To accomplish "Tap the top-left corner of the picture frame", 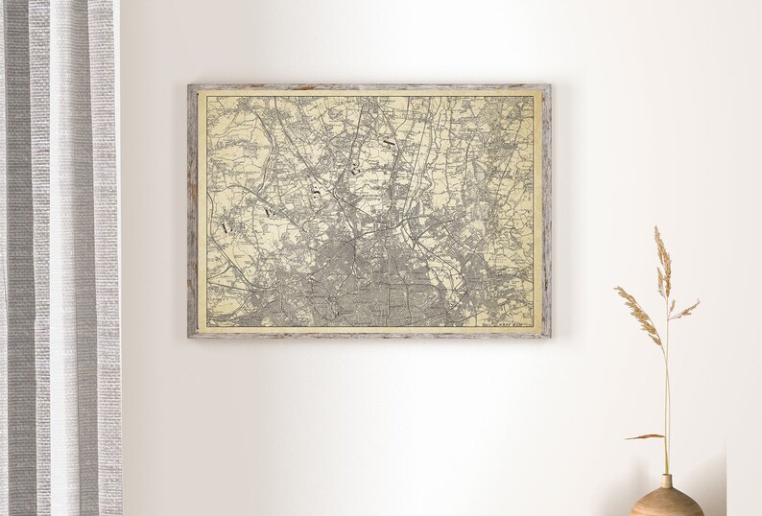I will (x=190, y=86).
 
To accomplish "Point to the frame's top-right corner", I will (x=549, y=86).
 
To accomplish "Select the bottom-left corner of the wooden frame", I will (x=190, y=337).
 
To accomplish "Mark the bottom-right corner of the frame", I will (x=549, y=337).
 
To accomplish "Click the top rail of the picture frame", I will (x=369, y=87).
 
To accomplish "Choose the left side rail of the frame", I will (x=192, y=211).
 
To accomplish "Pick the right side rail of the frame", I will (x=547, y=211).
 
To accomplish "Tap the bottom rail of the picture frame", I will (x=369, y=335).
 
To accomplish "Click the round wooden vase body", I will (x=668, y=503).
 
